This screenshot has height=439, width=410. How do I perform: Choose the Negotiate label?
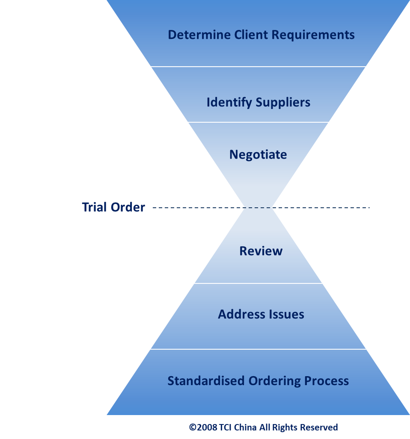pyautogui.click(x=258, y=154)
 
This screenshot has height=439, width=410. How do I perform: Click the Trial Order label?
pyautogui.click(x=113, y=207)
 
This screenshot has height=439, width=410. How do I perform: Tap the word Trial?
pyautogui.click(x=95, y=207)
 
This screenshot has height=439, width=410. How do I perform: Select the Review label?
pyautogui.click(x=261, y=251)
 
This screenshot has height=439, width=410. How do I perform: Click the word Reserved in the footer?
pyautogui.click(x=319, y=427)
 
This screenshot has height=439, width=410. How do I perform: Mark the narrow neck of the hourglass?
pyautogui.click(x=258, y=208)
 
